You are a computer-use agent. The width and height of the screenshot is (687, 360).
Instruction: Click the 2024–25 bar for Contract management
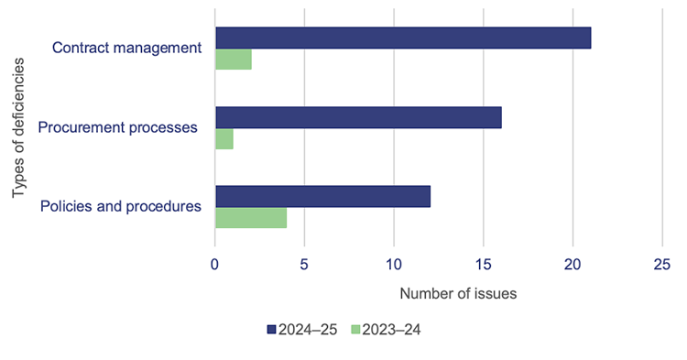(403, 38)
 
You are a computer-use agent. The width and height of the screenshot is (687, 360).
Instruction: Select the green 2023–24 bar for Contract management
(234, 60)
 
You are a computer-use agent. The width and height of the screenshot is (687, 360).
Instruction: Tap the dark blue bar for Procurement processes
(358, 117)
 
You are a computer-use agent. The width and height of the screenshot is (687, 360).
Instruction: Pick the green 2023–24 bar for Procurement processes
(224, 139)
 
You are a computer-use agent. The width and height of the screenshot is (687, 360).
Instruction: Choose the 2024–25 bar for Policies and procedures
(322, 196)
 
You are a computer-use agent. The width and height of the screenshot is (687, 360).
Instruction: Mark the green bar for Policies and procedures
(251, 218)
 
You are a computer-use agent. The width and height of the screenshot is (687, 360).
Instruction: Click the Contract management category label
(126, 48)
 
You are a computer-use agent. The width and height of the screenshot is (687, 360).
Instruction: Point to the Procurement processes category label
(118, 127)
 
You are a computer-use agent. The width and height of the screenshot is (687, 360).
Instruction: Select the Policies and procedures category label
(121, 206)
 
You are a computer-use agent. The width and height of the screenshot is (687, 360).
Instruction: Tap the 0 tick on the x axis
(215, 264)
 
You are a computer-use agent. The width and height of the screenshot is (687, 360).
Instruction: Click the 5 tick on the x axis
(304, 264)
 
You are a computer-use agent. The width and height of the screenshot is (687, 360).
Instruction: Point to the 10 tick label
(394, 264)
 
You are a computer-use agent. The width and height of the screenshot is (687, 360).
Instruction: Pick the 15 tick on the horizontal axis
(484, 264)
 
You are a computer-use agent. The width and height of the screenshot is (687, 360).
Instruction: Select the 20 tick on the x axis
(572, 264)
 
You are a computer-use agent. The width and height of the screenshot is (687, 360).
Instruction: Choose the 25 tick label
(662, 264)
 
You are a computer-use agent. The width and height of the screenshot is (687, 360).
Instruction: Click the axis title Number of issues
(458, 294)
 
